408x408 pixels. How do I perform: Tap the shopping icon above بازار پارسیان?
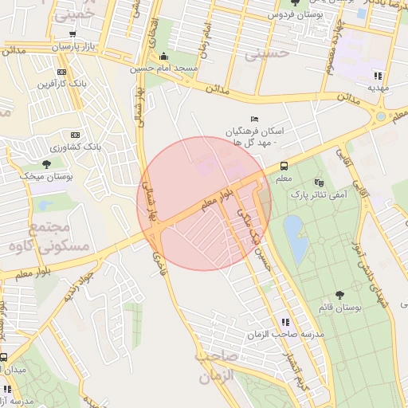[x=73, y=35]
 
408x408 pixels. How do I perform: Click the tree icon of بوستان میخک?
[x=46, y=163]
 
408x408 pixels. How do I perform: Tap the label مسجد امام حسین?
[x=164, y=69]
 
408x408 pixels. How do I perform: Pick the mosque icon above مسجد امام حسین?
[x=164, y=57]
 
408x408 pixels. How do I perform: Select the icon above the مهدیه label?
[x=377, y=76]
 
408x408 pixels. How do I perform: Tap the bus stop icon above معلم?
[x=284, y=166]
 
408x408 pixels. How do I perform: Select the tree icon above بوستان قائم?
[x=340, y=294]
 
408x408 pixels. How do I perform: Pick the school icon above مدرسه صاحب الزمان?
[x=285, y=322]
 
